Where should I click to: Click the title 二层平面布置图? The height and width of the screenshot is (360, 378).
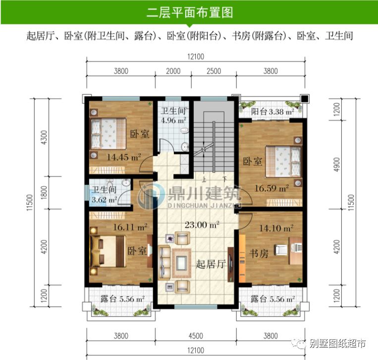189,12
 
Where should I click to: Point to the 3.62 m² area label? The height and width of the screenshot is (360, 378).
104,200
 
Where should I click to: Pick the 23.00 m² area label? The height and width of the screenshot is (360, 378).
202,225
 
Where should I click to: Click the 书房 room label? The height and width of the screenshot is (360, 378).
258,254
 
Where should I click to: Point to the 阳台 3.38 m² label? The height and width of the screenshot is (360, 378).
272,112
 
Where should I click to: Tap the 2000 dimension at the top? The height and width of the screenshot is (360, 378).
173,71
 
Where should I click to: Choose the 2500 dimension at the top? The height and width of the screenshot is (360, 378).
213,71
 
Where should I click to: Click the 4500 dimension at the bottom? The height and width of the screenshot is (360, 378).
196,336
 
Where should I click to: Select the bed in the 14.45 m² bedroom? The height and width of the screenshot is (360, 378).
105,133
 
